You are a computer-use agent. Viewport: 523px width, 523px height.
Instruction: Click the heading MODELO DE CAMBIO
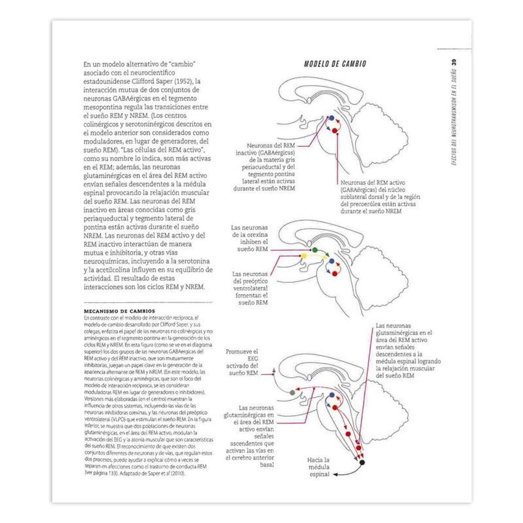335,64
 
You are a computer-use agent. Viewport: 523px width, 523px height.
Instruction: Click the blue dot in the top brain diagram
331,118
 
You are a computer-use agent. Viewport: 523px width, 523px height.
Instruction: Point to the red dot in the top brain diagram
335,130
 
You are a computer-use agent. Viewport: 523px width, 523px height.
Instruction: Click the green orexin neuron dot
315,250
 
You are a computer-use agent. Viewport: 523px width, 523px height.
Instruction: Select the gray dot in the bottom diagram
292,393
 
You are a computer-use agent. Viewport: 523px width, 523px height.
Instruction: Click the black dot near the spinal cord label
362,462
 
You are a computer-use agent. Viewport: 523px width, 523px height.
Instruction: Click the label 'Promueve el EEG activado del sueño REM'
242,362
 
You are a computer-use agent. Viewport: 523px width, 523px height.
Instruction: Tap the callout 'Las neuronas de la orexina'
249,238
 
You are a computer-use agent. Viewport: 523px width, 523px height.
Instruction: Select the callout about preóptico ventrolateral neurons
250,288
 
